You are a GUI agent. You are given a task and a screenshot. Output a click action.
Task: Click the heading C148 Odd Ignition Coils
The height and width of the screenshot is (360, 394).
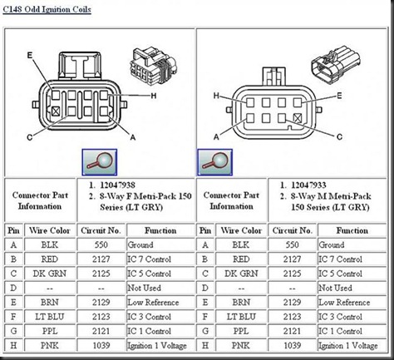[47, 9]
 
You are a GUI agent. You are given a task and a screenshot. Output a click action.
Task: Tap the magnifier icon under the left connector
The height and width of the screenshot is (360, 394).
[100, 162]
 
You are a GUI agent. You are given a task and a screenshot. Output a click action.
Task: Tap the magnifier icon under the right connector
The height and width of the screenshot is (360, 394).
[214, 162]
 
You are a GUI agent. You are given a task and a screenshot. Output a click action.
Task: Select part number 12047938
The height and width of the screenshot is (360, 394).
[118, 185]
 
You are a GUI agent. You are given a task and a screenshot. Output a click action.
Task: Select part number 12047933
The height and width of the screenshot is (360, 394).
[308, 185]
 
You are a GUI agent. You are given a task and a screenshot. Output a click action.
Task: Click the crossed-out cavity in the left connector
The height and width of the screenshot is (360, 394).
[56, 111]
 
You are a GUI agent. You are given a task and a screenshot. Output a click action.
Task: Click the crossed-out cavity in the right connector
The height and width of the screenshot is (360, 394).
[298, 118]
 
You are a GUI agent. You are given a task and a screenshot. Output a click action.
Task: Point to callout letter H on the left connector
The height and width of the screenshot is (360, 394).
[154, 96]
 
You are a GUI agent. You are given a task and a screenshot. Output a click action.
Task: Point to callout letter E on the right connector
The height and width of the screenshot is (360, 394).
[339, 96]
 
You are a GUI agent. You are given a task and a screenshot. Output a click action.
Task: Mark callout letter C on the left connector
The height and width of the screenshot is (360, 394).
[30, 137]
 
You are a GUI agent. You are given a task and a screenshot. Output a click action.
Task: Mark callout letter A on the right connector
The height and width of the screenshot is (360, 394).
[216, 137]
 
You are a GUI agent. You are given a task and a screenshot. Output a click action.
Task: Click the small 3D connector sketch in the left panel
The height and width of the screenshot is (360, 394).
[153, 67]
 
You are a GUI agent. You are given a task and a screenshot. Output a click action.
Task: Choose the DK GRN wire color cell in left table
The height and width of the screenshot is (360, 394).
[50, 274]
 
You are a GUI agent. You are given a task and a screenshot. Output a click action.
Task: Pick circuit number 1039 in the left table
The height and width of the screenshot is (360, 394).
[101, 345]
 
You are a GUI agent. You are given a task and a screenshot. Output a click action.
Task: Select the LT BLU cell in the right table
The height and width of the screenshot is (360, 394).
[241, 317]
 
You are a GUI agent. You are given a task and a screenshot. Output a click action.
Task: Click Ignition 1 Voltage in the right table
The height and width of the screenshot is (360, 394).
[348, 346]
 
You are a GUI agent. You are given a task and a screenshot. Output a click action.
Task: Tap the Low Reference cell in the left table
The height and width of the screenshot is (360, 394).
[153, 303]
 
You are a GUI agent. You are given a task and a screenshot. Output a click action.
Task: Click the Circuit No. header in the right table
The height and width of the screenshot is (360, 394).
[293, 230]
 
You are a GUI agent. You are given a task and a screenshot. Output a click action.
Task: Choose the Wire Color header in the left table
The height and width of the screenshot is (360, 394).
[50, 230]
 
